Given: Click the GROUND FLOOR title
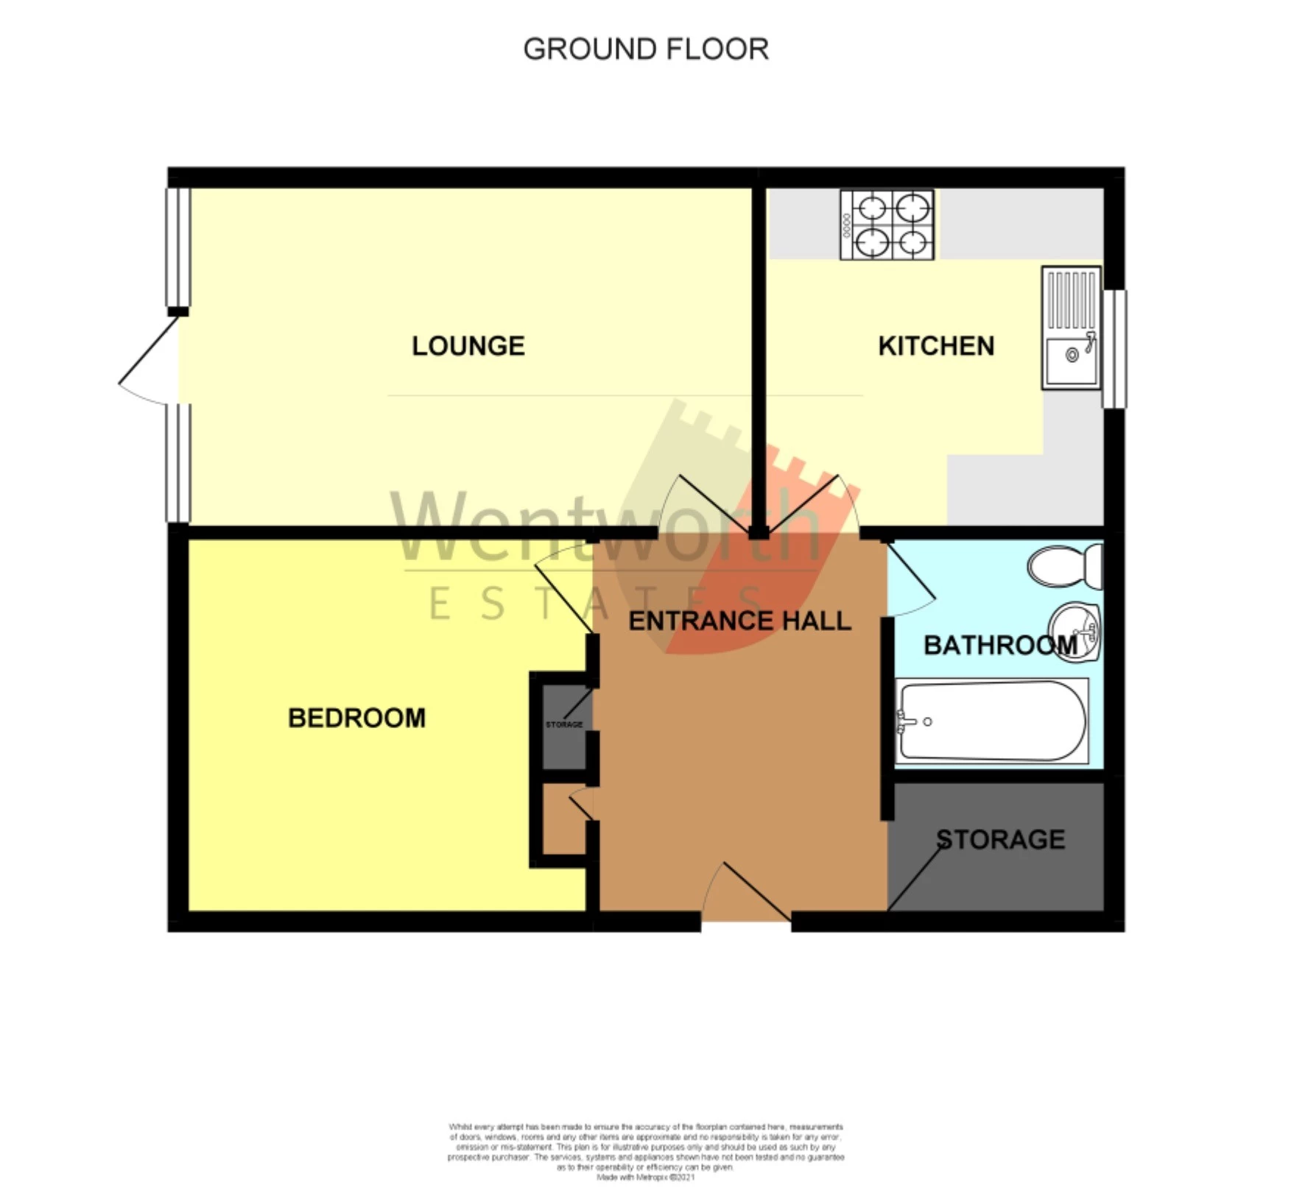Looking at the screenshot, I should coord(645,49).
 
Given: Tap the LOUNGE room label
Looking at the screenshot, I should coord(468,346).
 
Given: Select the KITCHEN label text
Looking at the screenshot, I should coord(935,346).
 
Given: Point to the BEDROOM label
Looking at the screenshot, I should coord(356,718).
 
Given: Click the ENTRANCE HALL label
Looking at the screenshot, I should coord(739,621).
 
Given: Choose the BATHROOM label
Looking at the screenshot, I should coord(999,646).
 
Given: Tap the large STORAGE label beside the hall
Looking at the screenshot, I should coord(1000,839).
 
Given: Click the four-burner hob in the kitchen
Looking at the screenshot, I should coord(887,225).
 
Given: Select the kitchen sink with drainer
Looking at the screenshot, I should coord(1071,328).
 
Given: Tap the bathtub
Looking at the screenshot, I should coord(991,721).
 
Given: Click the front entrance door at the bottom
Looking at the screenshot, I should coord(745,894).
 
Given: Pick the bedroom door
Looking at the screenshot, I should coord(564,588).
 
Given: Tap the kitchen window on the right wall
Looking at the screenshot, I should coord(1114,349).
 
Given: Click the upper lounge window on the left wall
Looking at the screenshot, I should coord(177,247).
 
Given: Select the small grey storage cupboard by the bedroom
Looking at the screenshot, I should coord(563,725).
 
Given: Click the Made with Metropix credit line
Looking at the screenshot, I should coord(645,1177).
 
